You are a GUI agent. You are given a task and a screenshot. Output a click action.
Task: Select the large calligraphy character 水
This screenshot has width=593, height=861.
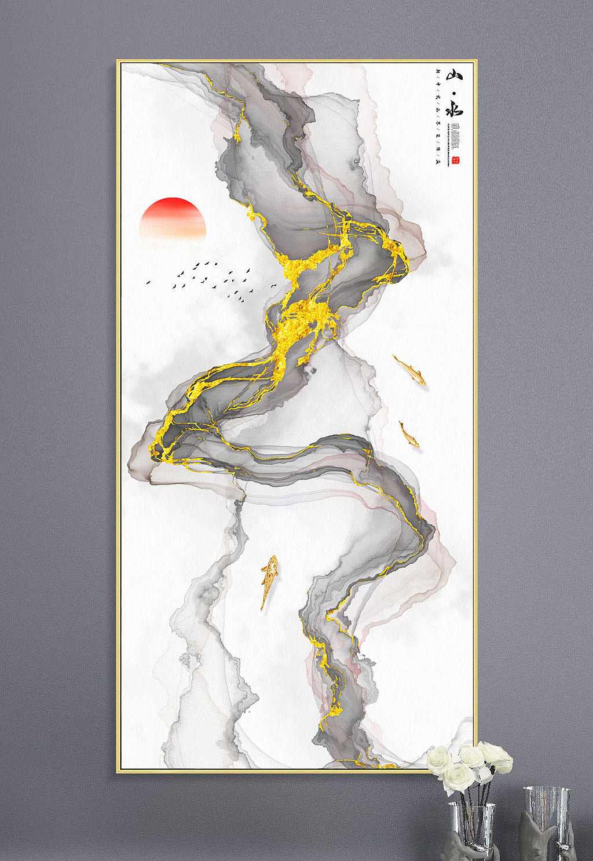[x=455, y=110]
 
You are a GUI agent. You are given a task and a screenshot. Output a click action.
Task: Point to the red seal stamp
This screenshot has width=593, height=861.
[x=455, y=160]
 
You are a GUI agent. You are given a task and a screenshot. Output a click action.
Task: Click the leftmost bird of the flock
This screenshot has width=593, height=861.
[x=148, y=283]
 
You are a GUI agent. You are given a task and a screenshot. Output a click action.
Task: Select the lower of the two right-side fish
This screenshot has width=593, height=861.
[x=409, y=434]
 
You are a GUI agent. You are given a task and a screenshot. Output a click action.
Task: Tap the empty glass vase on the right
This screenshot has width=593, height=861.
[x=546, y=814]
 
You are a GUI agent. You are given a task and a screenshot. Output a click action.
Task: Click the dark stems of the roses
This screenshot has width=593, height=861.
[x=470, y=800]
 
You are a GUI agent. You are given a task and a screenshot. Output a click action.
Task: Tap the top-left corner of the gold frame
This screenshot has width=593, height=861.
[x=118, y=61]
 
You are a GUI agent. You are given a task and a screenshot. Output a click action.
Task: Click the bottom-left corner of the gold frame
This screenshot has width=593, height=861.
[x=118, y=771]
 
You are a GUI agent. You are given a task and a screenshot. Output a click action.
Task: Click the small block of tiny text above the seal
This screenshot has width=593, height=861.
[x=455, y=139]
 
